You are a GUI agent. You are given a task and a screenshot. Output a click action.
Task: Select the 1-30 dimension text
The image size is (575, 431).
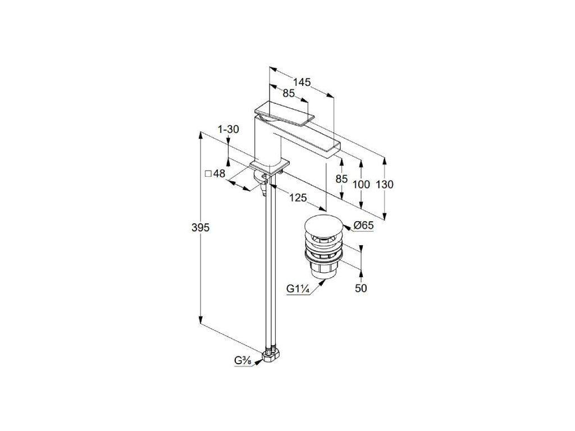coord(229,129)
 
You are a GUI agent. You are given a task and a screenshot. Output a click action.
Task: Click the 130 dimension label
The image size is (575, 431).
coord(385,184)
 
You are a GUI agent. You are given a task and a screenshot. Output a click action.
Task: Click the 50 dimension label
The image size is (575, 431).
coord(361,288)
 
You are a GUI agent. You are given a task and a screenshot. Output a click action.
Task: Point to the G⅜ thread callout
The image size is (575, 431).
coord(243,360)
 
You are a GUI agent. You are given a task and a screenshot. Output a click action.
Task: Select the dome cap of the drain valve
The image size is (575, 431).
coord(322,224)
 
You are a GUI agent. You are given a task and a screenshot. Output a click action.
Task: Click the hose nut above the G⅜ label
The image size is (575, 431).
coord(270,355)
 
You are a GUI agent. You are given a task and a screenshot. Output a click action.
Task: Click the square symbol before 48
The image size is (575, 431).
coord(208,174)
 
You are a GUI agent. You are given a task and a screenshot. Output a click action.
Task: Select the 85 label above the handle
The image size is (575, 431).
coord(289,93)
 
